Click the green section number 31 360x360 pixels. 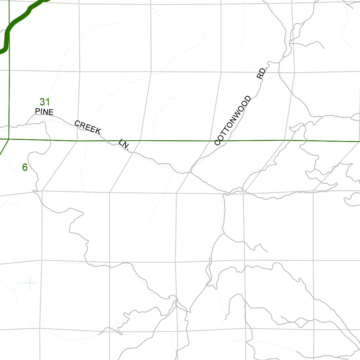[x=44, y=102]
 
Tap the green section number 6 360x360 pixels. [x=25, y=167]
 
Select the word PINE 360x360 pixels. [x=44, y=112]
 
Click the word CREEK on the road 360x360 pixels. [x=88, y=127]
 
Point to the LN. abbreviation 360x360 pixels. [x=124, y=144]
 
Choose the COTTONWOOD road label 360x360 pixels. [x=233, y=120]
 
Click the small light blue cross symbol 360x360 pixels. [x=31, y=283]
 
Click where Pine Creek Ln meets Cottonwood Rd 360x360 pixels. [x=191, y=171]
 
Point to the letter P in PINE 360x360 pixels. [x=38, y=111]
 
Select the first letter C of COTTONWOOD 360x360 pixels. [x=217, y=142]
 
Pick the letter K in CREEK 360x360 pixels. [x=98, y=131]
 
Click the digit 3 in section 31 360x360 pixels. [x=42, y=102]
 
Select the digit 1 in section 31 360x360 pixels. [x=47, y=102]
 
